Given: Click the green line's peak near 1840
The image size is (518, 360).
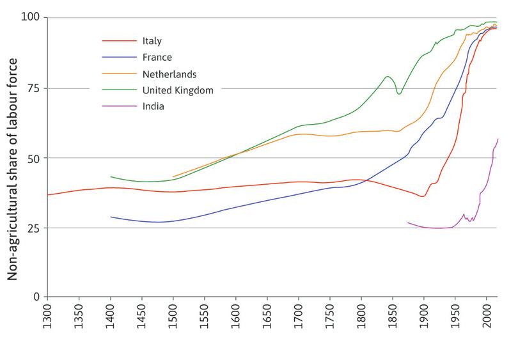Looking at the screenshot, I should pos(388,77).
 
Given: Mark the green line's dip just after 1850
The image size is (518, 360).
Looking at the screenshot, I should pos(399,94).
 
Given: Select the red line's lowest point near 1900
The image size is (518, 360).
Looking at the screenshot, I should pos(423,196).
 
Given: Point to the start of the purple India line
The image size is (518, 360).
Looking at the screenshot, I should pos(408,223).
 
